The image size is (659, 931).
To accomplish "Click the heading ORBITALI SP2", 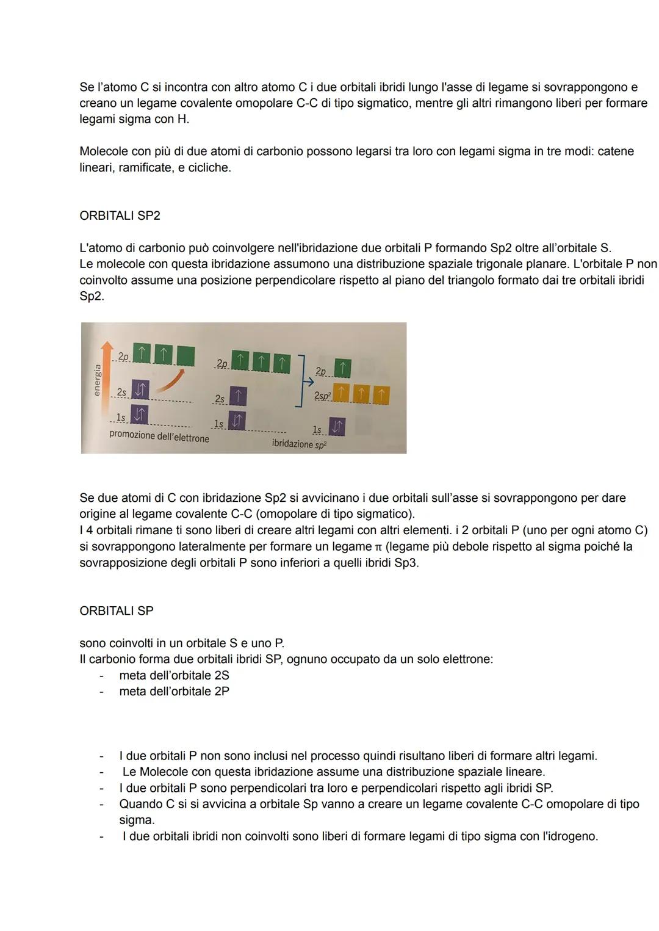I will point(120,216).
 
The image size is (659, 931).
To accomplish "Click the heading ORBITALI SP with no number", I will point(116,610).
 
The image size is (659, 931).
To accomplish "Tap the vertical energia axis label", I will point(96,380).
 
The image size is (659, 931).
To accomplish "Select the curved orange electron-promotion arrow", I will point(167,383).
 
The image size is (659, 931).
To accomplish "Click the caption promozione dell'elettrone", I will point(159,437).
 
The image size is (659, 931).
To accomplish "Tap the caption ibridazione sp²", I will point(299,444).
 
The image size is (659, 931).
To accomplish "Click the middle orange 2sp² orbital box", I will point(361,395).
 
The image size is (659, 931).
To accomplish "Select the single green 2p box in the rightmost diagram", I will point(343,368).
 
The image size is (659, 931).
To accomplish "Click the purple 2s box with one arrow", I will point(238,396).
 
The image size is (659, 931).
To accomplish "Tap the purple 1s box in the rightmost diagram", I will point(336,427).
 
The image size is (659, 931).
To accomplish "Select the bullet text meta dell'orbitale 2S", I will point(174,675).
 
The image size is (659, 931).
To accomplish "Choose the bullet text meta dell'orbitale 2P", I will point(174,691).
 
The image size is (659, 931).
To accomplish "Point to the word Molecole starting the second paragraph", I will point(103,151).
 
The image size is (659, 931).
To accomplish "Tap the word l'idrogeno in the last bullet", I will point(569,836).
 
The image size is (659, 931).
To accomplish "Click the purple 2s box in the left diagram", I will point(141,389).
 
